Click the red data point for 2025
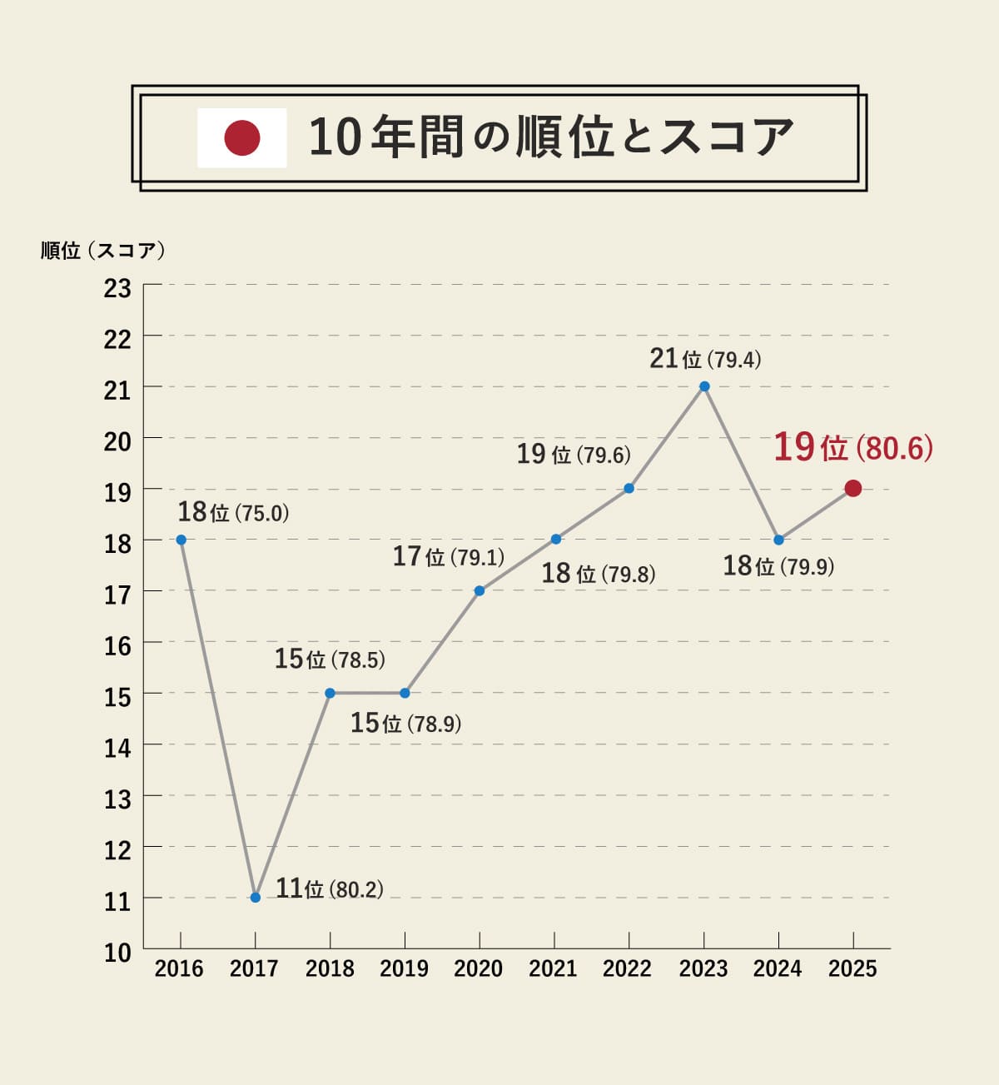tap(852, 489)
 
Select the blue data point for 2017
tap(256, 898)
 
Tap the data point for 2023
tap(704, 386)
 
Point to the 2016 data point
tap(181, 540)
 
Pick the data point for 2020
tap(480, 591)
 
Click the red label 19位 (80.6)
tap(853, 448)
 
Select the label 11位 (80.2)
tap(330, 888)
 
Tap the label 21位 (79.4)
tap(705, 359)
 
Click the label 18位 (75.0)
tap(233, 512)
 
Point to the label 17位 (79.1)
tap(449, 556)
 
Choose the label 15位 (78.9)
tap(405, 723)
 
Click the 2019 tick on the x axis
tap(404, 968)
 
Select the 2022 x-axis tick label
tap(627, 968)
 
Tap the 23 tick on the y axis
tap(117, 288)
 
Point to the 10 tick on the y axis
tap(117, 953)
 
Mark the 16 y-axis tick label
tap(117, 645)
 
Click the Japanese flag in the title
tap(242, 138)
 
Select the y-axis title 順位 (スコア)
tap(103, 251)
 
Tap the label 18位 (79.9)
tap(778, 566)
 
